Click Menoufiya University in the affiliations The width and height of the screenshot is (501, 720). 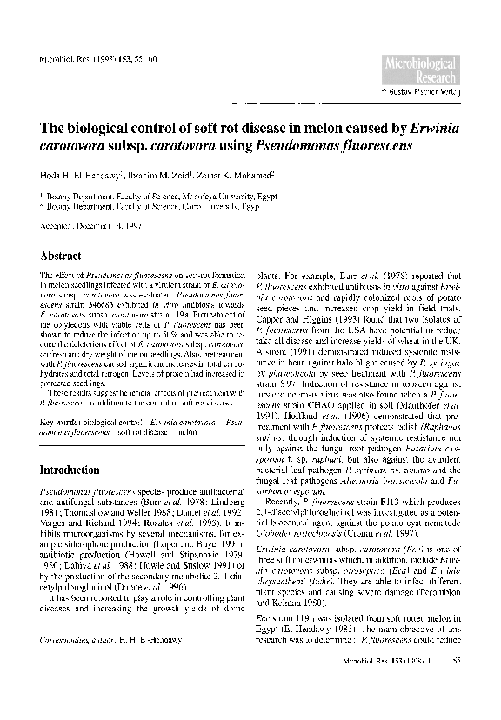pyautogui.click(x=210, y=198)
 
